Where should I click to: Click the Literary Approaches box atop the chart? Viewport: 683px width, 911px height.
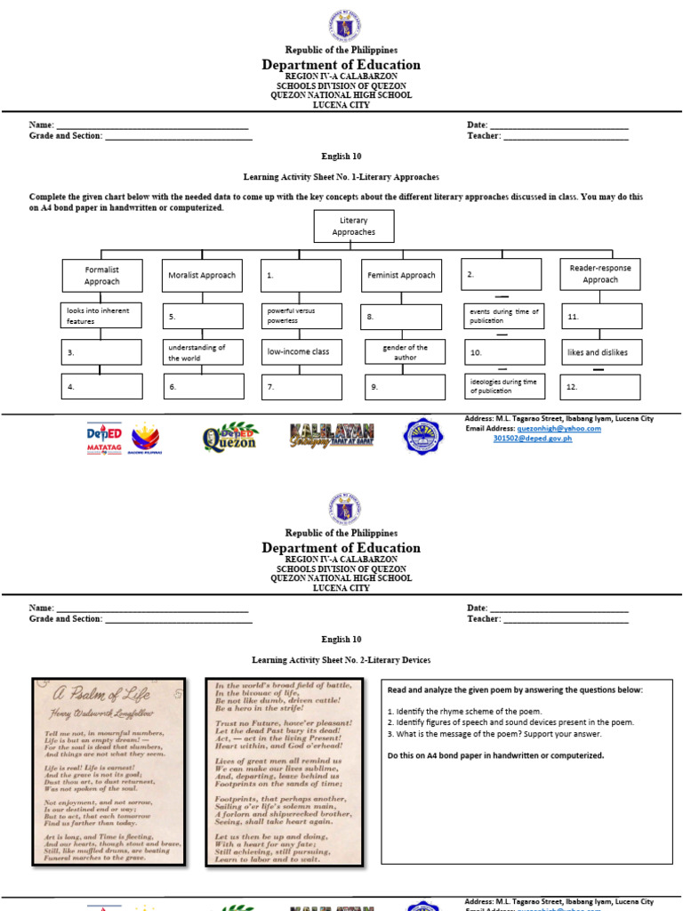(x=353, y=226)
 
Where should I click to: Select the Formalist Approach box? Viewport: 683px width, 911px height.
(x=101, y=275)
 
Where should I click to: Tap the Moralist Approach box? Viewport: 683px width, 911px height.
(x=202, y=275)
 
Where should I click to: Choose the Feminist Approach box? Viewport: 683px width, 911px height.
(x=401, y=275)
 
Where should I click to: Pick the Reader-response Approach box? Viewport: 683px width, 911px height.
(x=600, y=273)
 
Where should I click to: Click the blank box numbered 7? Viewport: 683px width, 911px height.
(x=301, y=387)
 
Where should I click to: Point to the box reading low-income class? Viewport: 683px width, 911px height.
(x=301, y=351)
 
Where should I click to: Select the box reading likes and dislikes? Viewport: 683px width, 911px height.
(x=600, y=352)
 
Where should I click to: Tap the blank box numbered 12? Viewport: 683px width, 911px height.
(x=600, y=387)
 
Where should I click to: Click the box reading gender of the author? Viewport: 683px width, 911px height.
(x=405, y=352)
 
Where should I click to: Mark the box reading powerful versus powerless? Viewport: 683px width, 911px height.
(x=301, y=317)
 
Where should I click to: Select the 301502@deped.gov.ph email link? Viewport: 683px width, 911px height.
(x=533, y=438)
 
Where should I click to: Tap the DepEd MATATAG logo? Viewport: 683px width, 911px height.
(x=104, y=437)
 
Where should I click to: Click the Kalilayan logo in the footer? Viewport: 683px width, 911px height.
(x=331, y=435)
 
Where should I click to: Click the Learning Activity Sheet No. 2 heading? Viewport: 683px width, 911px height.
(x=341, y=660)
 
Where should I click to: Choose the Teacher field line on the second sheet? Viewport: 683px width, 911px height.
(x=566, y=619)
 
